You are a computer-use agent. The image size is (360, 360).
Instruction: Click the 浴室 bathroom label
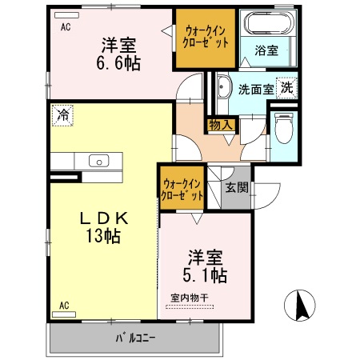pos(266,50)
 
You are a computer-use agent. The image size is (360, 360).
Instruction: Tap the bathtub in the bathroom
pos(267,24)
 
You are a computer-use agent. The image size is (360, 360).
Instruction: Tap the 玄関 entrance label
pos(236,189)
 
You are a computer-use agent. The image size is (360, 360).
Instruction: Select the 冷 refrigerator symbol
pos(62,115)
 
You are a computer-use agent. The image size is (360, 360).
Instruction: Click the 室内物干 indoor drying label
pos(190,299)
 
